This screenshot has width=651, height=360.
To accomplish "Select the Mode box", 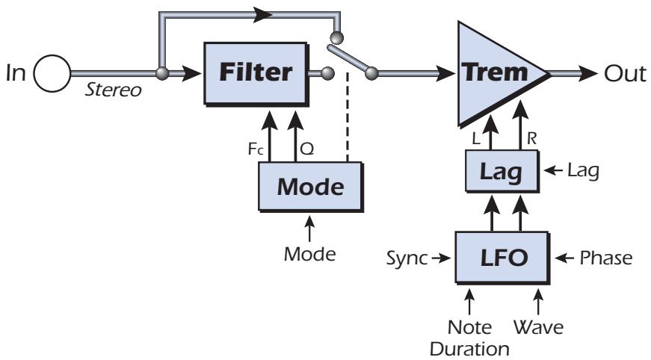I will coord(310,187).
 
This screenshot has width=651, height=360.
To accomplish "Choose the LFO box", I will coord(502,258).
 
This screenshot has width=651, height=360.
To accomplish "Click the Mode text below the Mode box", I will coord(309,253).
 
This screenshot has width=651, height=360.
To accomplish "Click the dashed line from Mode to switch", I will coord(349,127).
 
